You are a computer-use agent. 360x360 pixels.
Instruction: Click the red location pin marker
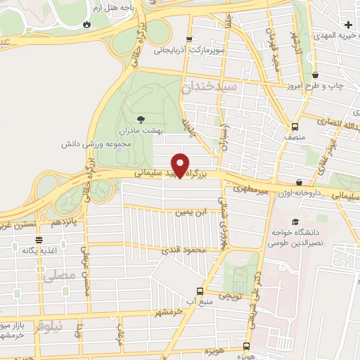pyautogui.click(x=181, y=165)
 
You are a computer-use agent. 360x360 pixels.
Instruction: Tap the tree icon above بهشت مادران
pyautogui.click(x=141, y=119)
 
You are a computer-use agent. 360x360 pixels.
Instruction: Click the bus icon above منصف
pyautogui.click(x=295, y=127)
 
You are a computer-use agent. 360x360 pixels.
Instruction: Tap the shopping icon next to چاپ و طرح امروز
pyautogui.click(x=316, y=75)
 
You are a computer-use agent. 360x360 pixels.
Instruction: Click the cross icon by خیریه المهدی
pyautogui.click(x=348, y=25)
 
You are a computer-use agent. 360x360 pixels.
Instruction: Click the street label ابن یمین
pyautogui.click(x=191, y=211)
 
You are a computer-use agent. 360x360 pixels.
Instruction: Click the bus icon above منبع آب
pyautogui.click(x=200, y=290)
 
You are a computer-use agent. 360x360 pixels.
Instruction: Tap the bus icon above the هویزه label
pyautogui.click(x=245, y=346)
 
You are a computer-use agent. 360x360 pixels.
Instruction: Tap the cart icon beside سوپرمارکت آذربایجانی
pyautogui.click(x=188, y=39)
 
